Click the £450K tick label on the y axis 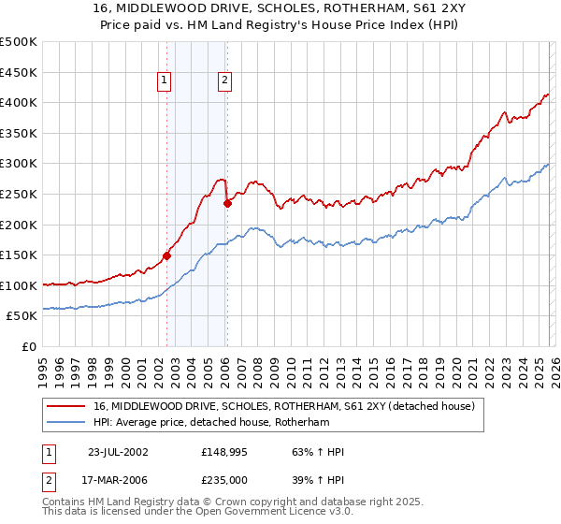(x=19, y=72)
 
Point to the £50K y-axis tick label (x=22, y=316)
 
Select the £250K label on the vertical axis (x=19, y=194)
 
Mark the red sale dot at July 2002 (x=167, y=255)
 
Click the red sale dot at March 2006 (x=227, y=202)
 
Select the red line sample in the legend (x=66, y=406)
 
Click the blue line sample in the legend (x=66, y=422)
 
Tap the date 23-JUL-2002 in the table (x=117, y=452)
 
